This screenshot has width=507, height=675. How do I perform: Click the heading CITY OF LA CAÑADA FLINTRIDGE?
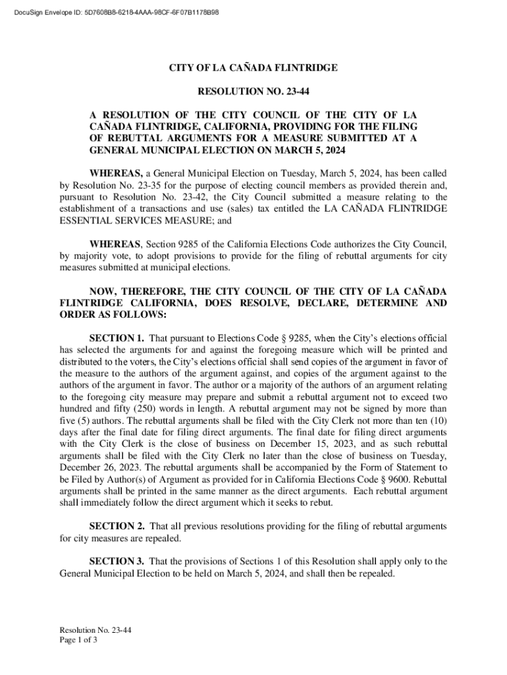click(254, 68)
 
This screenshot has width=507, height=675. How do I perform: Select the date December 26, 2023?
click(89, 469)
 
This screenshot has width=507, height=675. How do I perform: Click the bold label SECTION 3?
click(117, 562)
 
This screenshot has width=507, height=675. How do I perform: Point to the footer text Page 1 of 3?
click(78, 640)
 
